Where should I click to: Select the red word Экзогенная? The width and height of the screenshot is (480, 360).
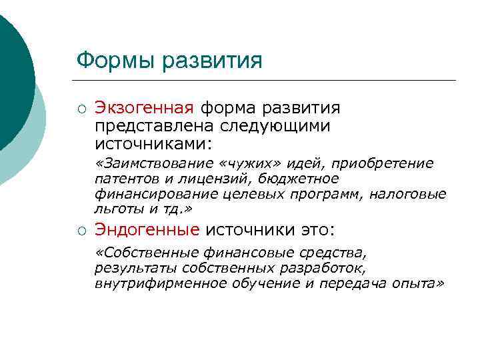pos(144,108)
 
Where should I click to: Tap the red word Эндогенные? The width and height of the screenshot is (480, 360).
pos(147,230)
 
